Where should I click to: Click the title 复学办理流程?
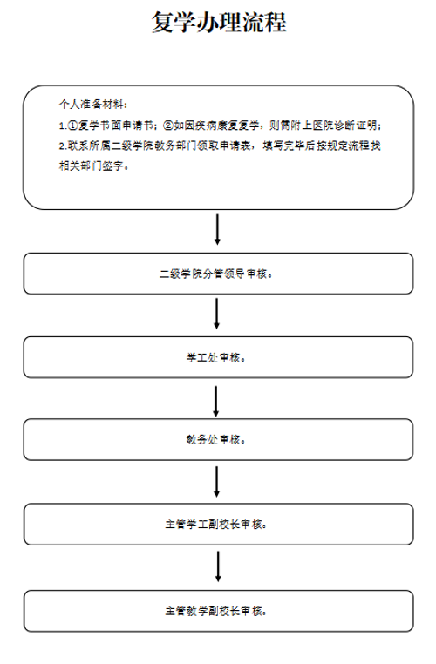click(x=219, y=22)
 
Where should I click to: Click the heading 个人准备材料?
click(x=91, y=105)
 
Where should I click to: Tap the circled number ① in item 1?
click(x=73, y=125)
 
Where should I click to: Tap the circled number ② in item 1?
click(x=168, y=125)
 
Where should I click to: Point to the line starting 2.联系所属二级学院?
click(x=220, y=146)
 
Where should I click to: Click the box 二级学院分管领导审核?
click(x=218, y=274)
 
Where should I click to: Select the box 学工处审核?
click(x=218, y=357)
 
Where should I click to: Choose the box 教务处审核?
click(x=218, y=439)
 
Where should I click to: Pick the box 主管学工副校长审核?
click(x=218, y=525)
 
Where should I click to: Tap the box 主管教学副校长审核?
click(x=218, y=611)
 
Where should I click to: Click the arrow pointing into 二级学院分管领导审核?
click(x=217, y=229)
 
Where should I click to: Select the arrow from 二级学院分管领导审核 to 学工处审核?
click(x=217, y=314)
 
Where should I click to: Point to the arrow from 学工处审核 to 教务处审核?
click(x=216, y=401)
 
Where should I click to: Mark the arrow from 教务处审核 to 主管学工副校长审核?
click(x=217, y=482)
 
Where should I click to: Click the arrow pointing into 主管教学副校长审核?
click(x=218, y=566)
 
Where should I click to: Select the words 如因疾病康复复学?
click(x=216, y=125)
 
